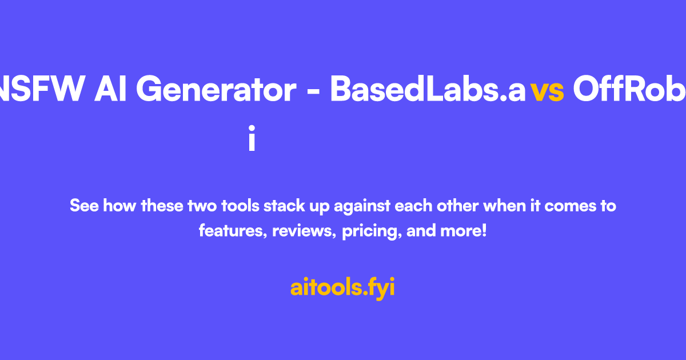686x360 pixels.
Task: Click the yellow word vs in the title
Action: (547, 90)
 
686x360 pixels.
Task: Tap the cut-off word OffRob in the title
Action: (629, 90)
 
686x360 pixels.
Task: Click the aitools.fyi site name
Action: (342, 287)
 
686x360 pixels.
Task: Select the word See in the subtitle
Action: (83, 206)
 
